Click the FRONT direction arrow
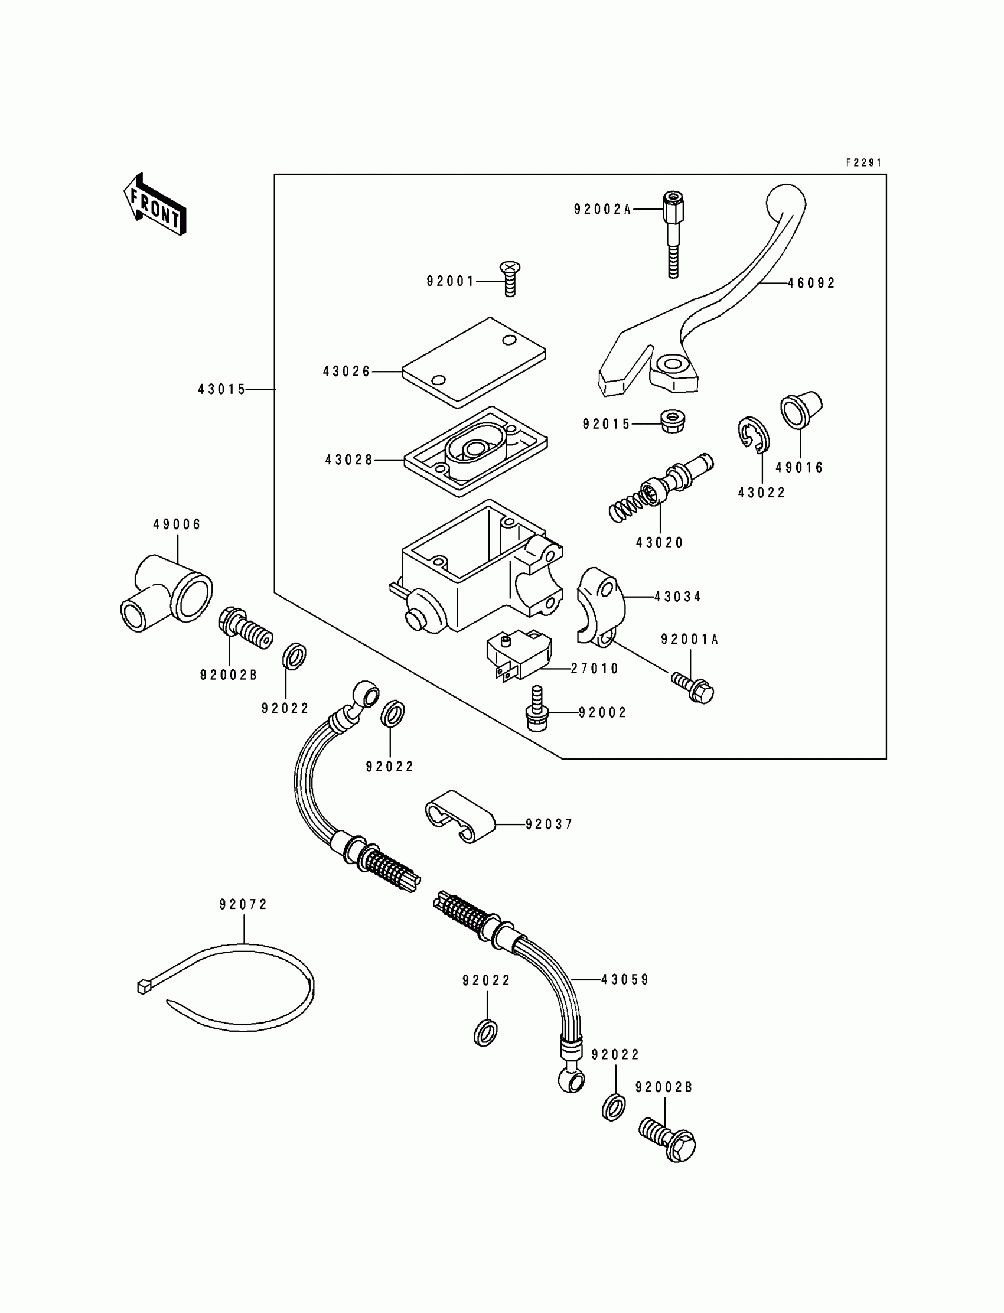click(x=155, y=204)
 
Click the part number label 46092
click(x=811, y=284)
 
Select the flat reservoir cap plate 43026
click(x=474, y=362)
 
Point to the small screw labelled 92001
click(x=510, y=278)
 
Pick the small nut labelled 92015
click(x=672, y=421)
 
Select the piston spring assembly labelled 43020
click(x=661, y=487)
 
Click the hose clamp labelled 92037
click(x=460, y=816)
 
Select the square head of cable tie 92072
click(x=142, y=988)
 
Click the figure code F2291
click(x=863, y=162)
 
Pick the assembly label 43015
click(x=221, y=390)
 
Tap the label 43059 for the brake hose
click(x=625, y=980)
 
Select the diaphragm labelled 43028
click(x=475, y=451)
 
